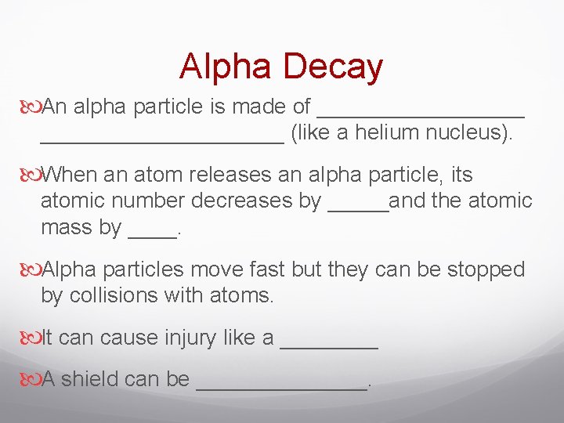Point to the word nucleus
point(469,132)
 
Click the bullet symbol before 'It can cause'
point(31,338)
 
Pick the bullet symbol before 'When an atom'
point(31,174)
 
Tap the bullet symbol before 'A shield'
point(31,379)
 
